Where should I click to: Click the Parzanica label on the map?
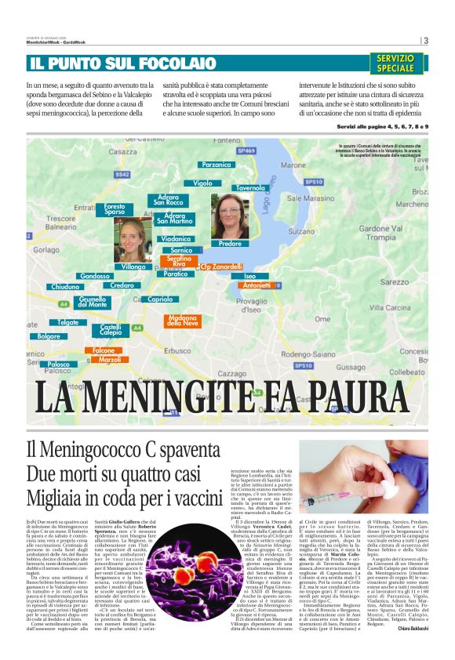click(x=216, y=165)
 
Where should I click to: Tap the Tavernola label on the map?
click(x=250, y=188)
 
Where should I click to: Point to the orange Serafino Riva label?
click(x=180, y=261)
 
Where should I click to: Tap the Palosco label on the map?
click(x=58, y=364)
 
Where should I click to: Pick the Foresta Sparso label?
click(x=115, y=209)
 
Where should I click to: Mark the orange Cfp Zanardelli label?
click(x=221, y=267)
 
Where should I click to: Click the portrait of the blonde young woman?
click(x=133, y=238)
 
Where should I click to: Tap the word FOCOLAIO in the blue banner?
click(x=167, y=63)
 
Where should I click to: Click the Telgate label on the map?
click(x=67, y=322)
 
